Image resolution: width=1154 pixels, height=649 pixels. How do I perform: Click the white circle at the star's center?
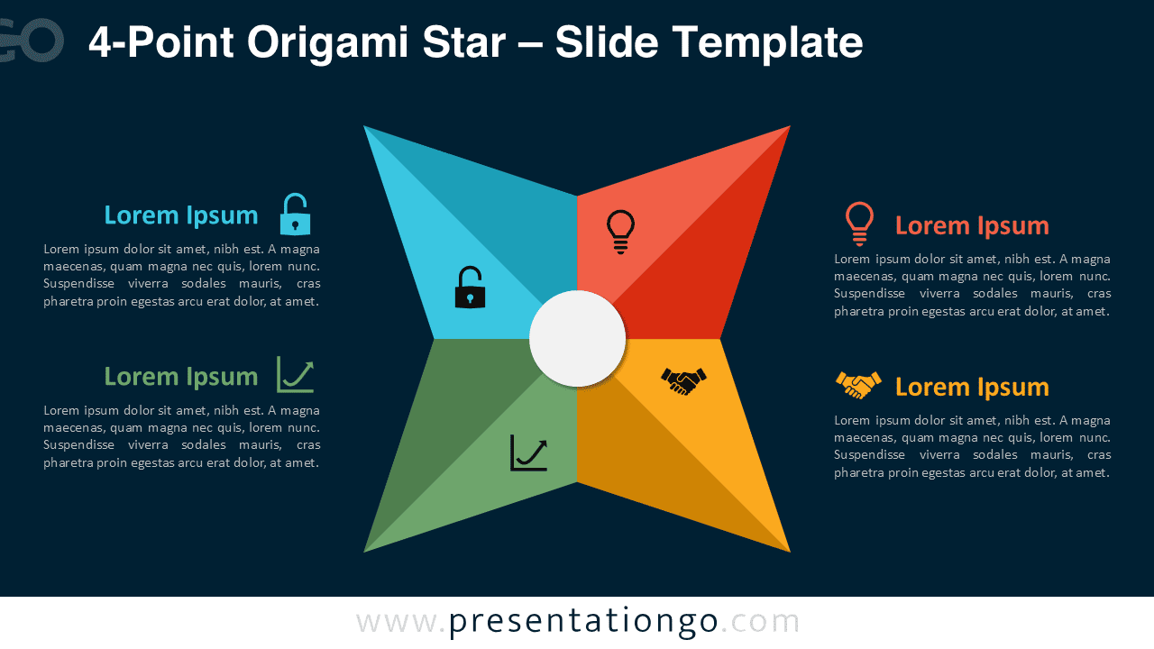577,339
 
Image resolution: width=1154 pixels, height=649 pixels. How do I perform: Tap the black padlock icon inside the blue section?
470,288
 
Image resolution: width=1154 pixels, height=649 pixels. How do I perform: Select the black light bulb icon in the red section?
620,231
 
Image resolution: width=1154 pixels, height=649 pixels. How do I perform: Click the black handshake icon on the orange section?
684,381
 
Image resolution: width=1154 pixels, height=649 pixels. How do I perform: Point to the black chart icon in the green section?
528,452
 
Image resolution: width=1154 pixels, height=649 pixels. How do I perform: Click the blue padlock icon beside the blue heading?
295,215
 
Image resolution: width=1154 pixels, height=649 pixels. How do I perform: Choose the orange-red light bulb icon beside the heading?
859,224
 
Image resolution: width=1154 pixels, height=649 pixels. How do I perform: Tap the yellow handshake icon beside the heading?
858,385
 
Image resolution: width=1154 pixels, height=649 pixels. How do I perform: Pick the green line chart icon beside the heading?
295,374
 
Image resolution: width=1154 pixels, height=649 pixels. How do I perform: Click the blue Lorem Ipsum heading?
181,215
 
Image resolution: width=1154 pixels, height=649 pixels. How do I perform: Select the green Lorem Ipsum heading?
181,376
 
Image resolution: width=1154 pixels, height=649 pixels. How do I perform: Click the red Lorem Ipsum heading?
972,225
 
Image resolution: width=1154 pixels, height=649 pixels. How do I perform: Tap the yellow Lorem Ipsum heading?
972,387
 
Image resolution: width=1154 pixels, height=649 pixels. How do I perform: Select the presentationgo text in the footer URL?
583,621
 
